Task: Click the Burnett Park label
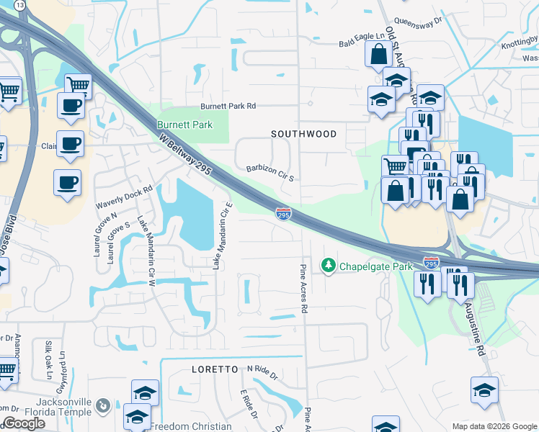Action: pos(186,125)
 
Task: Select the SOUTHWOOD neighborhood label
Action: pos(303,134)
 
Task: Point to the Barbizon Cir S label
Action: pos(269,170)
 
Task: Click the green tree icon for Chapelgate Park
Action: pos(329,266)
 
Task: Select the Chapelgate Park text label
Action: pos(375,266)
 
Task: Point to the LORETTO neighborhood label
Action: pos(215,369)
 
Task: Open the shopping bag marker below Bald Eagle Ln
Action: pos(378,54)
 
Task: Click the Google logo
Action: pos(24,423)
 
